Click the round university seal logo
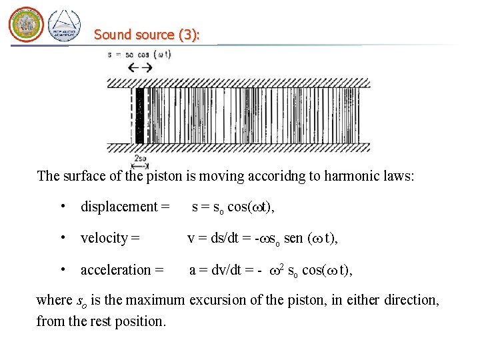pyautogui.click(x=26, y=25)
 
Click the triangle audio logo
pyautogui.click(x=64, y=26)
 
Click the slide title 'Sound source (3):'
pyautogui.click(x=147, y=34)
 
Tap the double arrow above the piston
pyautogui.click(x=140, y=67)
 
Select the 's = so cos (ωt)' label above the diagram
pyautogui.click(x=139, y=54)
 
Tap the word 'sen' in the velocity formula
pyautogui.click(x=293, y=238)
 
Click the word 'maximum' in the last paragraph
pyautogui.click(x=153, y=300)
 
